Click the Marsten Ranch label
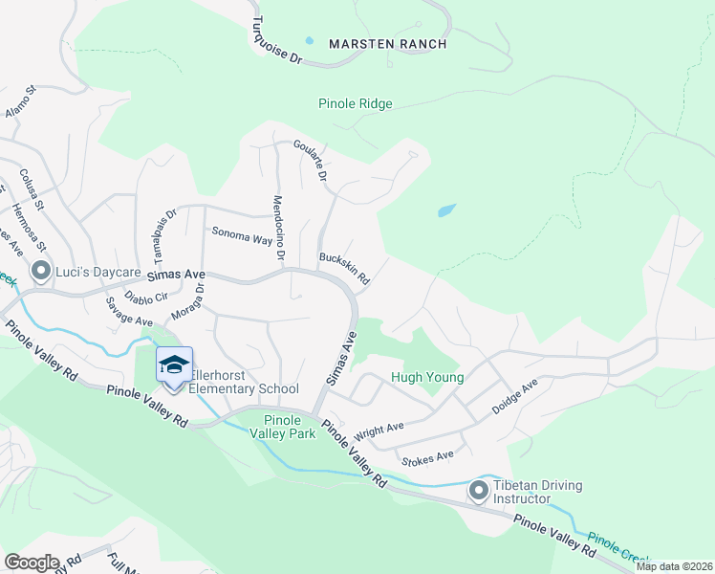(x=387, y=44)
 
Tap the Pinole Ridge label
(x=356, y=103)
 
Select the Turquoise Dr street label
(x=276, y=40)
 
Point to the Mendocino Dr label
(x=278, y=228)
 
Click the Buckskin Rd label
(x=344, y=268)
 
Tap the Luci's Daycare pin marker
(x=40, y=272)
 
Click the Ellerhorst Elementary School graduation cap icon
(x=173, y=364)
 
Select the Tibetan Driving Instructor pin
(x=479, y=491)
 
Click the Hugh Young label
(x=427, y=378)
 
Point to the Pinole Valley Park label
(x=290, y=427)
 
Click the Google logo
(x=31, y=563)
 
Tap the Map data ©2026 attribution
(x=673, y=566)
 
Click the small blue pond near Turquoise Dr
(x=309, y=40)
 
